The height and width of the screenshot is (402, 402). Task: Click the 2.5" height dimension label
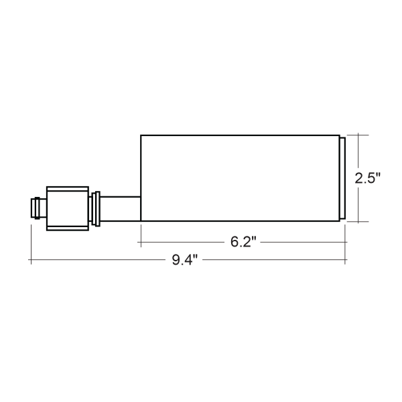click(x=367, y=178)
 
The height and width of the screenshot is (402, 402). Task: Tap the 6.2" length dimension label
click(x=243, y=242)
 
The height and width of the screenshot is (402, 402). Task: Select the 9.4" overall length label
click(x=185, y=260)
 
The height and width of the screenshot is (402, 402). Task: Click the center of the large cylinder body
click(x=241, y=178)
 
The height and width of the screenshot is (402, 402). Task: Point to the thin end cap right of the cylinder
click(x=342, y=178)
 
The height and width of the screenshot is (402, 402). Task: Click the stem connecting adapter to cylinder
click(x=120, y=208)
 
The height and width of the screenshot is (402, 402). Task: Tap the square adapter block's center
click(x=68, y=208)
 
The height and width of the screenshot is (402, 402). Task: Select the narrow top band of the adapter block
click(x=68, y=189)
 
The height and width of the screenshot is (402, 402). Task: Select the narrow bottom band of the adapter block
click(x=68, y=228)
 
